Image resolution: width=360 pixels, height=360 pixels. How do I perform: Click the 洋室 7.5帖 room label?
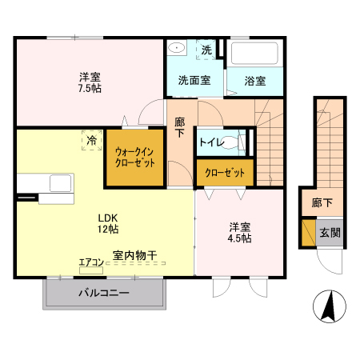click(90, 82)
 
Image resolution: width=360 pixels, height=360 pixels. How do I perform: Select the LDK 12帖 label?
click(108, 223)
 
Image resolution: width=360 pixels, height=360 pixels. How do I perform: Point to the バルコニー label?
click(103, 293)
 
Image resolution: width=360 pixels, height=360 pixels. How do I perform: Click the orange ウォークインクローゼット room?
click(134, 155)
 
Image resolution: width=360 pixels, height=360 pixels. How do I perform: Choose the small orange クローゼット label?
click(224, 172)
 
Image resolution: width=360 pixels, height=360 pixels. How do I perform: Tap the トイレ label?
click(211, 143)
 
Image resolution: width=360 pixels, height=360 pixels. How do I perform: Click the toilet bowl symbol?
click(233, 142)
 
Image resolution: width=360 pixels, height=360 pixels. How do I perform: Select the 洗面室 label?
click(194, 80)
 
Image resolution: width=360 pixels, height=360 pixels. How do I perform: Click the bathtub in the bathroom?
click(254, 54)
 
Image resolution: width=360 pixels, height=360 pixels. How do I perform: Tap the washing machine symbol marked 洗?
click(206, 50)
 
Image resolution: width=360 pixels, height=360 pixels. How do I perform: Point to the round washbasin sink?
click(177, 49)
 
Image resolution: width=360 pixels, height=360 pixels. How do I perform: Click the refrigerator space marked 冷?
click(90, 141)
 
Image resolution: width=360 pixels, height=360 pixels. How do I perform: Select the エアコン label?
click(91, 262)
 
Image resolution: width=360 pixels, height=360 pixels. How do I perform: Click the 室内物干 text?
click(134, 255)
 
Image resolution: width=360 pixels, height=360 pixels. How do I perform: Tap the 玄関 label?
click(330, 233)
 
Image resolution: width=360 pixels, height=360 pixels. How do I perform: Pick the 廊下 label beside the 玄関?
click(321, 203)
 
